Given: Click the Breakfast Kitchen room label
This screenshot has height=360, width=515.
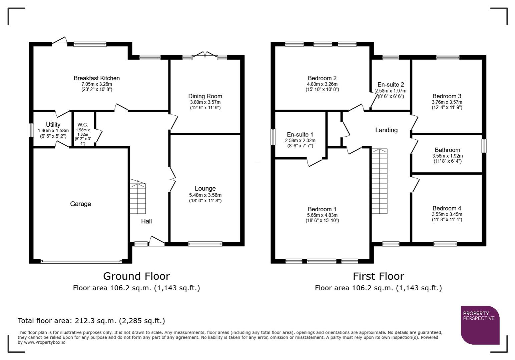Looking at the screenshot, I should (x=97, y=78).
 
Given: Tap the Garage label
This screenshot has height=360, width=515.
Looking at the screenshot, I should (x=80, y=204).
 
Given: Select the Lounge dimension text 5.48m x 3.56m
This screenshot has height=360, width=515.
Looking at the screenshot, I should (x=205, y=195).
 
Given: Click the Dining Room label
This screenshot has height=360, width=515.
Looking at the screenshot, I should (x=205, y=96).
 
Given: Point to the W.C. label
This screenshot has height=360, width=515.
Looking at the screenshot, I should (x=82, y=124).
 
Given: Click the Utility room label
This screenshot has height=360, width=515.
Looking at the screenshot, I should (x=53, y=125).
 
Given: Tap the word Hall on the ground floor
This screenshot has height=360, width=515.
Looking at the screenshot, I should (x=146, y=221).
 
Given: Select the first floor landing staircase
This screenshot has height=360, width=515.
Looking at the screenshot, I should (x=380, y=182).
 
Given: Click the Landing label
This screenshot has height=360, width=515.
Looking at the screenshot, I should (x=386, y=130).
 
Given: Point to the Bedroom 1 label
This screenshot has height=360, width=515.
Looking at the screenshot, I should (x=322, y=209).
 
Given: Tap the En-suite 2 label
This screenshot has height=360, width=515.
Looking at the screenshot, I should (x=391, y=85).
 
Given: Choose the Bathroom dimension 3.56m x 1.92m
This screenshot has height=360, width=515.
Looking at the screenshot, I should (x=447, y=156).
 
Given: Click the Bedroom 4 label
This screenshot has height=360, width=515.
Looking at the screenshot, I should (x=447, y=208).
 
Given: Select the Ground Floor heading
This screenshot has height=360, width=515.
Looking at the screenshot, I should (x=136, y=276).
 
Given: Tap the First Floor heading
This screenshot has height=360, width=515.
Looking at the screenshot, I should (x=378, y=276).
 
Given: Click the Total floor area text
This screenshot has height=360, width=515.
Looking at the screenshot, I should (x=91, y=321).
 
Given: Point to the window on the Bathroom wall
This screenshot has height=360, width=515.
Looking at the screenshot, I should (x=484, y=146).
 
